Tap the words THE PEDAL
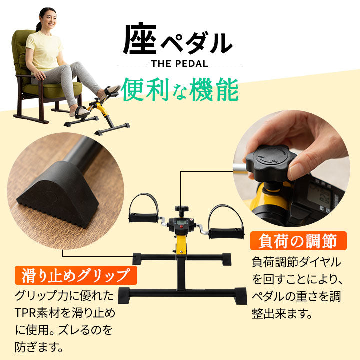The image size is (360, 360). (178, 64)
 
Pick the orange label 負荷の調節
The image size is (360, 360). (298, 242)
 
